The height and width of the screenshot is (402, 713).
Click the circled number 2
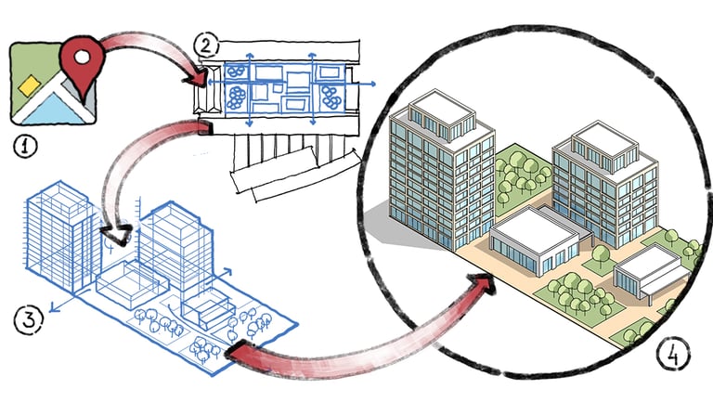click(204, 44)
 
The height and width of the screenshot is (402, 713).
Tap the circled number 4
click(670, 354)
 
